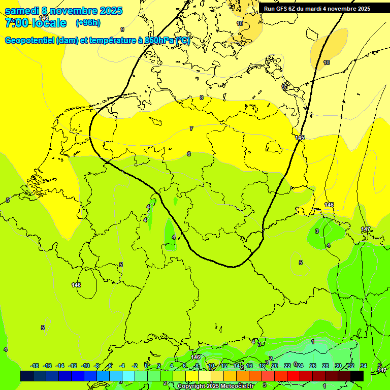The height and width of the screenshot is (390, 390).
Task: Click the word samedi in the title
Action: (x=21, y=10)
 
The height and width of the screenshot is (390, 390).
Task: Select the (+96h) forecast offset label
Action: (x=88, y=22)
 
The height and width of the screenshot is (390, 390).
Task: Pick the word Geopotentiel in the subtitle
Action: (x=30, y=41)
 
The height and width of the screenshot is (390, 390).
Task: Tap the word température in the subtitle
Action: (x=113, y=41)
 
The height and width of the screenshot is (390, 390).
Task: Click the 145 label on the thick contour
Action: (x=300, y=138)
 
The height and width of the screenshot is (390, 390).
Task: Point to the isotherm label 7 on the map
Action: (x=191, y=128)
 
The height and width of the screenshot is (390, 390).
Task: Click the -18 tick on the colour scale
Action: (x=35, y=366)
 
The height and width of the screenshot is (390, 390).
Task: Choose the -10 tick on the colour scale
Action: (x=85, y=366)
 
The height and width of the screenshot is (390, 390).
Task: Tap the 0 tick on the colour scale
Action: (x=146, y=366)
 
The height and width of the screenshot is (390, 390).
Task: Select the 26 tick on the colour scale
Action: (x=312, y=366)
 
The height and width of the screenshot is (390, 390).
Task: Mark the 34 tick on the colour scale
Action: (x=363, y=366)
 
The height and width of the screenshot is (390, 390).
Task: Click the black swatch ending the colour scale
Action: (x=357, y=376)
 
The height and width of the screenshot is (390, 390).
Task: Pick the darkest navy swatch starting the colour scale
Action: (x=27, y=376)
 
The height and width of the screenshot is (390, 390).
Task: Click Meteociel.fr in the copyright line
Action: (x=235, y=386)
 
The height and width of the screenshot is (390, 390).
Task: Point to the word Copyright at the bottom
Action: (x=192, y=386)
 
